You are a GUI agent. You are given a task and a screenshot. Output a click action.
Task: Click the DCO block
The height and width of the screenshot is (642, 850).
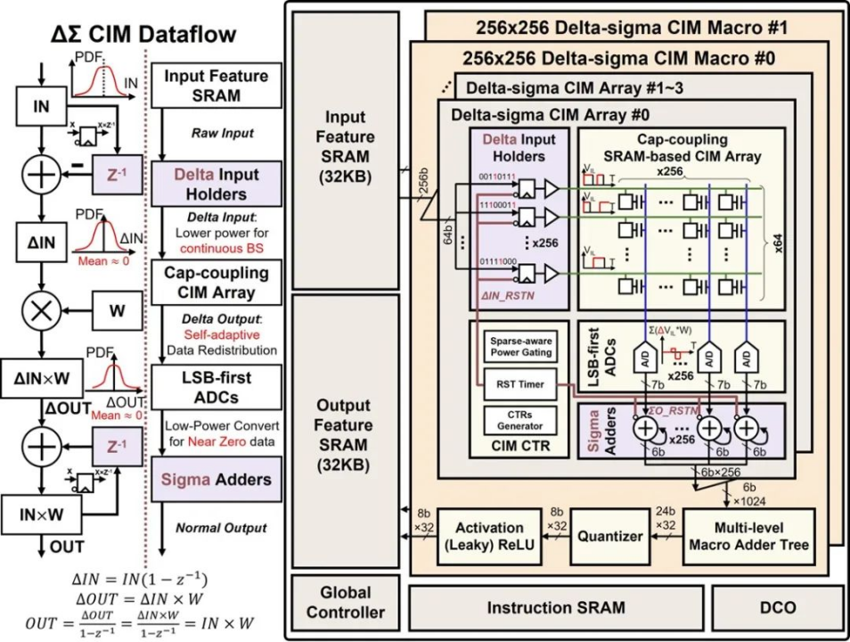point(778,607)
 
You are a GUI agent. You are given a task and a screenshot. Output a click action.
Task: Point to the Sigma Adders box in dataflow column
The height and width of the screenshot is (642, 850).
point(216,480)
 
